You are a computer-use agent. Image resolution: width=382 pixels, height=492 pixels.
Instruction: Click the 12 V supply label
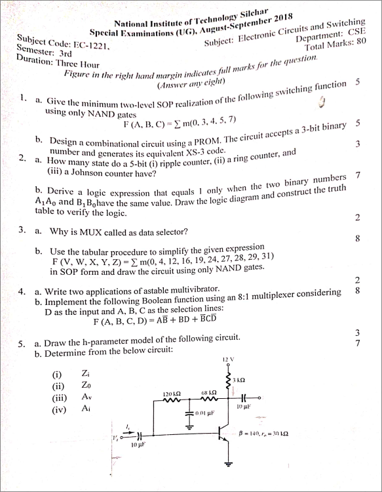pyautogui.click(x=227, y=359)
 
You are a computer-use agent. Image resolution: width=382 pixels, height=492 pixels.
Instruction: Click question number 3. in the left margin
pyautogui.click(x=22, y=230)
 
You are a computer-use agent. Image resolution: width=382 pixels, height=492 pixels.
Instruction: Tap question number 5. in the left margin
pyautogui.click(x=22, y=342)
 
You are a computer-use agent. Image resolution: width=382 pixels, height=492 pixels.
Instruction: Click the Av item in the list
pyautogui.click(x=85, y=397)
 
